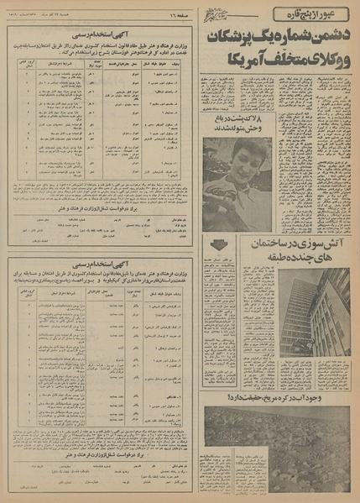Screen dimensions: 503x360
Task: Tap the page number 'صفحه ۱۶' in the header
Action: click(x=180, y=13)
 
